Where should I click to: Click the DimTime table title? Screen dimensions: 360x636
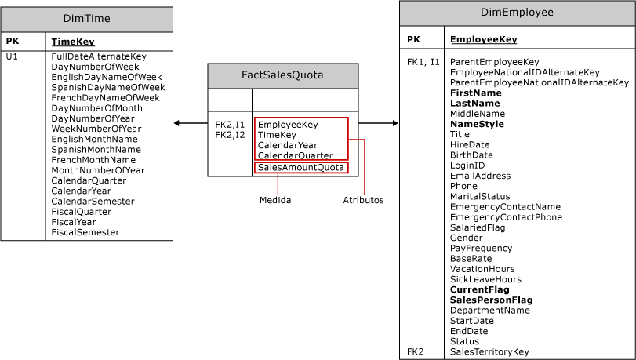86,19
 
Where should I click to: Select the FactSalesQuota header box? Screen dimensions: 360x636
282,75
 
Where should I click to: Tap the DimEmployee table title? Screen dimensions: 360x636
517,13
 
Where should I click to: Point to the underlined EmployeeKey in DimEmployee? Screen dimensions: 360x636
483,39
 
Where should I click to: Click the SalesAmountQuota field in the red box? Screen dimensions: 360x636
300,168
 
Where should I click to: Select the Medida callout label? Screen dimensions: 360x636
275,200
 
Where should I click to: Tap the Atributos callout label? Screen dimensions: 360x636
363,200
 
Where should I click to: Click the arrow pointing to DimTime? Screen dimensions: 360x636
177,123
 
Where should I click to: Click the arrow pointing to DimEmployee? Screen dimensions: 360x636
394,123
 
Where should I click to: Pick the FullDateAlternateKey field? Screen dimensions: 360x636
99,56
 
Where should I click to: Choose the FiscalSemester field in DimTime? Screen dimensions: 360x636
85,232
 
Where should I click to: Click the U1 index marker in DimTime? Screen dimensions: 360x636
12,56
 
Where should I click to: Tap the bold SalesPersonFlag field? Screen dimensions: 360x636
491,300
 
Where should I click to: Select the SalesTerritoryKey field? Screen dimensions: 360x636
489,352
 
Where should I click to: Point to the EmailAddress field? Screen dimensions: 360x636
480,176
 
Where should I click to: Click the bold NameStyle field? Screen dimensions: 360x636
477,124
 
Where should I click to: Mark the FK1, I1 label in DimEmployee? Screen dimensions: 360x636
423,61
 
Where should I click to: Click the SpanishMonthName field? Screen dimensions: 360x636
96,149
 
